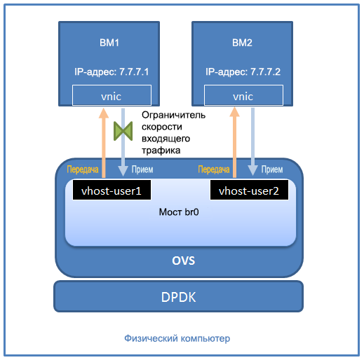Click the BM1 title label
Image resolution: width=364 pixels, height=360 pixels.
click(109, 43)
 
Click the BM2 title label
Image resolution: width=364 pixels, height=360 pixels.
click(242, 43)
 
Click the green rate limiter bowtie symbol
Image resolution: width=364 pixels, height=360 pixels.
click(123, 131)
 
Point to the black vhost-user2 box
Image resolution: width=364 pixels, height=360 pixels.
click(249, 190)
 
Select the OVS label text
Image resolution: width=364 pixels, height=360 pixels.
click(183, 261)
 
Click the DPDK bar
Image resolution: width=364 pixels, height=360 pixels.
click(179, 296)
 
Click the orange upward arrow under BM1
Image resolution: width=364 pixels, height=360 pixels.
click(102, 140)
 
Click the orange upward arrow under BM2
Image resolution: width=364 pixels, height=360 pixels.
click(234, 140)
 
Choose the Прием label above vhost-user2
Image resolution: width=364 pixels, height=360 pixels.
click(271, 169)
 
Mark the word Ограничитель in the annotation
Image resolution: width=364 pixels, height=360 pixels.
click(173, 115)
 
